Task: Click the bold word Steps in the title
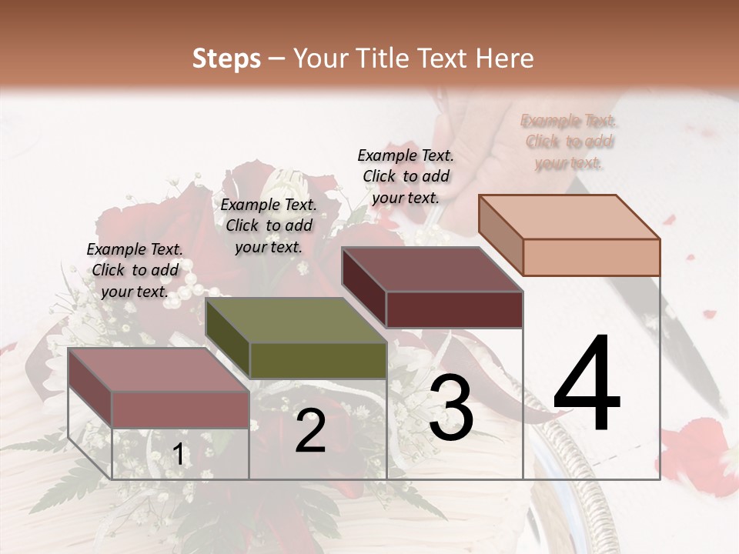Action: pos(226,58)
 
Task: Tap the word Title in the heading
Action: pos(385,58)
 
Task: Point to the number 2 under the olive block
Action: pos(310,431)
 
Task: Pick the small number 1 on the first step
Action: pos(179,454)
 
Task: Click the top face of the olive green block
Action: pos(296,319)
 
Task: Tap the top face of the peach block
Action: pos(570,216)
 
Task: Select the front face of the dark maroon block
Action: pos(454,309)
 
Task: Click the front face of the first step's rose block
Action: pos(180,409)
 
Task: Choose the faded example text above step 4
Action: pos(568,142)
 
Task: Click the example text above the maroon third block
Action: pos(406,176)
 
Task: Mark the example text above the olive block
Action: pos(269,225)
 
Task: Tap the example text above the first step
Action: pos(135,270)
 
